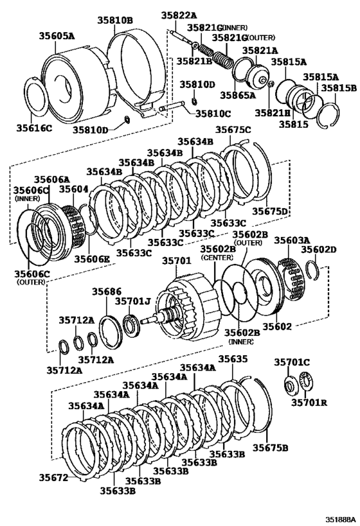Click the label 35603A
pyautogui.click(x=292, y=240)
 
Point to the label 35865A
pyautogui.click(x=239, y=94)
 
